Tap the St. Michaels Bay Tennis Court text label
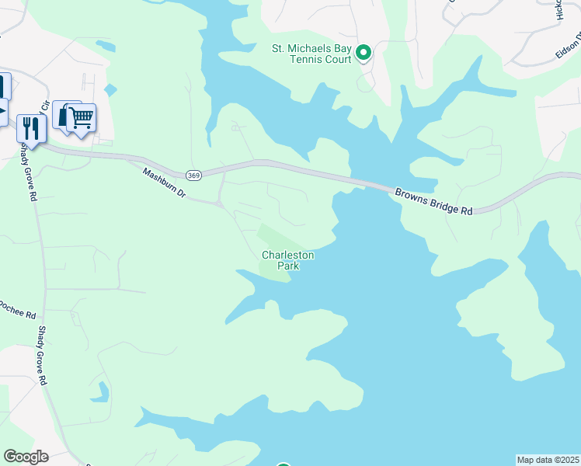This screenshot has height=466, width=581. [311, 54]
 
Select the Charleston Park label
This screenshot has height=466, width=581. [287, 260]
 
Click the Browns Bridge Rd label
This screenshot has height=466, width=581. [433, 201]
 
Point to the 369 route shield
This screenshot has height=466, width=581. [194, 176]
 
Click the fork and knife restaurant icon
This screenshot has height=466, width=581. [31, 127]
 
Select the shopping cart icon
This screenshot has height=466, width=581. [82, 118]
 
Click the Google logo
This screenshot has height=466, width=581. [26, 457]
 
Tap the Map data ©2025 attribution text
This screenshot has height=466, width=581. [548, 460]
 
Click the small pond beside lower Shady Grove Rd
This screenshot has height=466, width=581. [100, 392]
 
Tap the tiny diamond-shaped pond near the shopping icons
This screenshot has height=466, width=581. [111, 90]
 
